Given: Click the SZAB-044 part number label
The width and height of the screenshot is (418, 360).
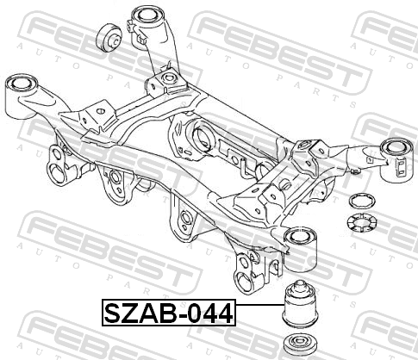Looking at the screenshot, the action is click(x=169, y=313).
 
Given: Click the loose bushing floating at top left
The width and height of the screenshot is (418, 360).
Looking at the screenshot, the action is click(x=109, y=39).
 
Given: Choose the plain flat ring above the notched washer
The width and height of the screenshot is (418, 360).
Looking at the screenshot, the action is click(x=362, y=201).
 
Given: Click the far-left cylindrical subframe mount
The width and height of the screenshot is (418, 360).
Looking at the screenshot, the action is click(x=22, y=96).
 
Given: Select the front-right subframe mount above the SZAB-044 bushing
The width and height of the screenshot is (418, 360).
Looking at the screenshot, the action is click(x=300, y=249).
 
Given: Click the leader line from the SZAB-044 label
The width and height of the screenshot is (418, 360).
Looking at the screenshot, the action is click(x=259, y=305).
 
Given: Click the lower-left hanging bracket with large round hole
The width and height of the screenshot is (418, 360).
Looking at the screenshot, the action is click(x=59, y=165).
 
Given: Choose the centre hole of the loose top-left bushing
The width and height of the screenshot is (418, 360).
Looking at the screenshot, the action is click(x=115, y=40).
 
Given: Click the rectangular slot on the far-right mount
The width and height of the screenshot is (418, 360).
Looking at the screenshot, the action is click(x=401, y=168).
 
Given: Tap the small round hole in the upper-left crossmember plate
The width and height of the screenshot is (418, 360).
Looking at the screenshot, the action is click(x=100, y=111).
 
